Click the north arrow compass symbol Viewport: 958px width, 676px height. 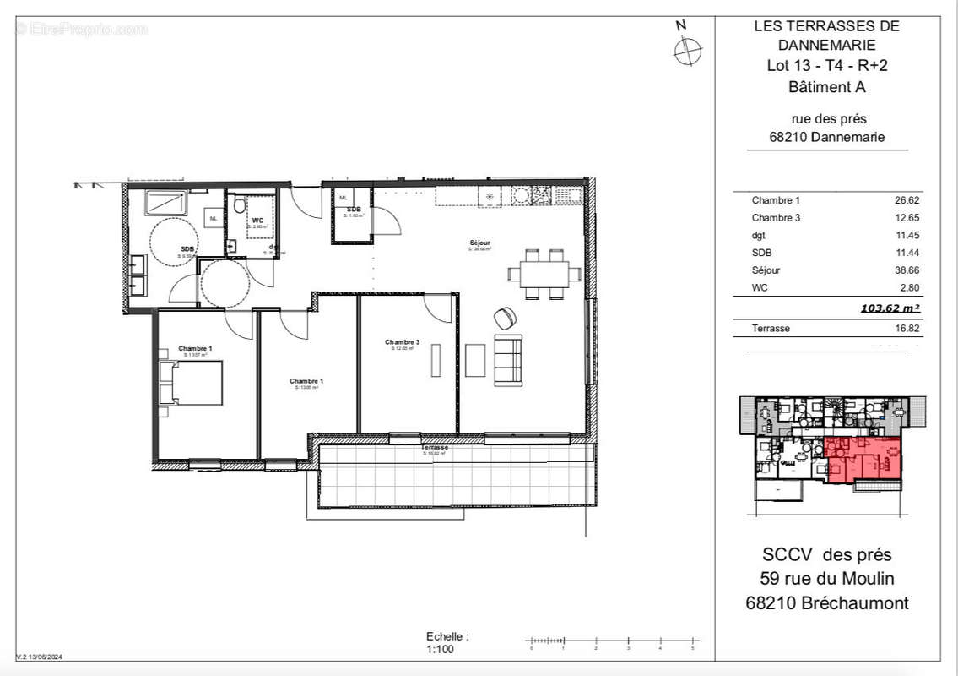coord(688,50)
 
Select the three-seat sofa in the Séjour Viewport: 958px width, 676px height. coord(507,360)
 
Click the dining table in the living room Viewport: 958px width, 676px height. coord(544,274)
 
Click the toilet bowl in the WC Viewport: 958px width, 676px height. coord(241,205)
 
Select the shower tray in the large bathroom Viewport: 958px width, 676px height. coord(165,203)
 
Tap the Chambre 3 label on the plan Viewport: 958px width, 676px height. coord(402,342)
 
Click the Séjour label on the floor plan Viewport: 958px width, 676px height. coord(479,243)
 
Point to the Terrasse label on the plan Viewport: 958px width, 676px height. coord(436,446)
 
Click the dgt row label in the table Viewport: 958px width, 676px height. coord(760,235)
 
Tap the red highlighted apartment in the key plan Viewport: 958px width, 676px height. coord(863,461)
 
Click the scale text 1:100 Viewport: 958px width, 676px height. coord(441,650)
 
